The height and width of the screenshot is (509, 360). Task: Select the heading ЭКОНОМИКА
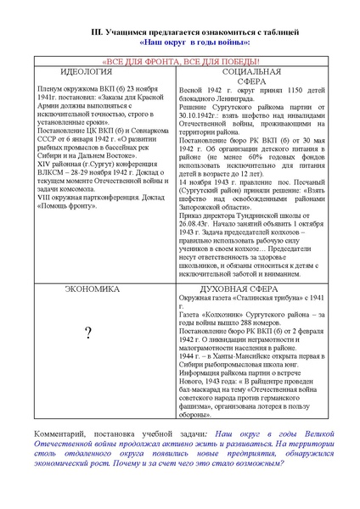(x=92, y=289)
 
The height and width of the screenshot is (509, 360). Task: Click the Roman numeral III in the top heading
(x=98, y=31)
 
